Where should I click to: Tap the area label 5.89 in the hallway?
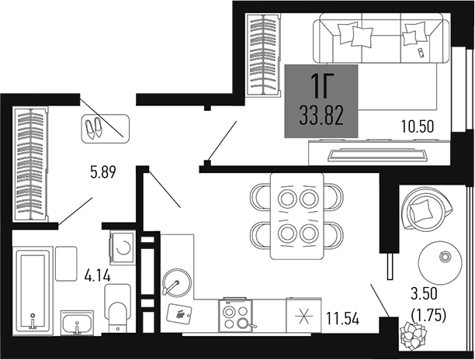(x=102, y=173)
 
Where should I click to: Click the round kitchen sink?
(x=176, y=280)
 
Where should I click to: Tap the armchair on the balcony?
(x=425, y=210)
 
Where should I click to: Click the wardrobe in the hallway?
(x=32, y=165)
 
